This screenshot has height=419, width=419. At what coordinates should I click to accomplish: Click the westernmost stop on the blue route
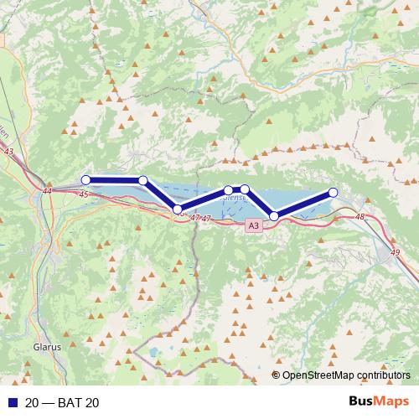click(x=85, y=179)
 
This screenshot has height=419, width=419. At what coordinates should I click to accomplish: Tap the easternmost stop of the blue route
click(x=333, y=193)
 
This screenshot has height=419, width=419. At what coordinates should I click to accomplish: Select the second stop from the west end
click(x=143, y=180)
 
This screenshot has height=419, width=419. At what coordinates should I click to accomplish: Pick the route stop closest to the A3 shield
click(x=274, y=216)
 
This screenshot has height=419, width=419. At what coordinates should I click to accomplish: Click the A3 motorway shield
click(x=254, y=225)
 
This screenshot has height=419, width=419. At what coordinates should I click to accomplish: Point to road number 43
click(x=9, y=152)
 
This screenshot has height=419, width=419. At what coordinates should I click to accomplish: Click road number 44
click(x=46, y=192)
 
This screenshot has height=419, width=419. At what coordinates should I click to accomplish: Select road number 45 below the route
click(x=83, y=194)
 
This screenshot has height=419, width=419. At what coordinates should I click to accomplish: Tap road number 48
click(x=360, y=217)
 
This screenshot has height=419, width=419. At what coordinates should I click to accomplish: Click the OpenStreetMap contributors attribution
click(x=347, y=375)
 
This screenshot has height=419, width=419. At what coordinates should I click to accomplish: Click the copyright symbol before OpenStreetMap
click(x=277, y=375)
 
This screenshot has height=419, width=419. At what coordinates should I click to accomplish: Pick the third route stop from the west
click(x=177, y=209)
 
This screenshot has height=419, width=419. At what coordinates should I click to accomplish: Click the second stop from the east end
click(x=274, y=216)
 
